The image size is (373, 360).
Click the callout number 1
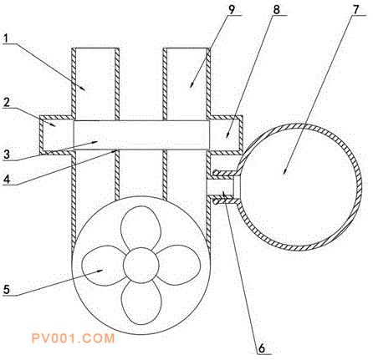(6, 38)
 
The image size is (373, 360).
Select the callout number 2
(7, 103)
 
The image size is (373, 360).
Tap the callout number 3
(7, 155)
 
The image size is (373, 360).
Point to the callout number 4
(7, 179)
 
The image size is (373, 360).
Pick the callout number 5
(7, 290)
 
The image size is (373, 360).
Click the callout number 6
(262, 347)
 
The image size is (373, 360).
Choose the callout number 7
(355, 10)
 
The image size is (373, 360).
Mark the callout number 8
(276, 10)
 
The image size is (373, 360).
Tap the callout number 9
(232, 9)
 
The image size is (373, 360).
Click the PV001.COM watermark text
(73, 338)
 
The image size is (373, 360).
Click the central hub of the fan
(141, 265)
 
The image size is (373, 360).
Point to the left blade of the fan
(103, 266)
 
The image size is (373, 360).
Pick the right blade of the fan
(179, 265)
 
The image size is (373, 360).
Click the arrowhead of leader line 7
(284, 171)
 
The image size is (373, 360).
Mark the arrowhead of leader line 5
(100, 271)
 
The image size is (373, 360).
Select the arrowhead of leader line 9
(192, 85)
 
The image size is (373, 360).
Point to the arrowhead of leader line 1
(83, 88)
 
